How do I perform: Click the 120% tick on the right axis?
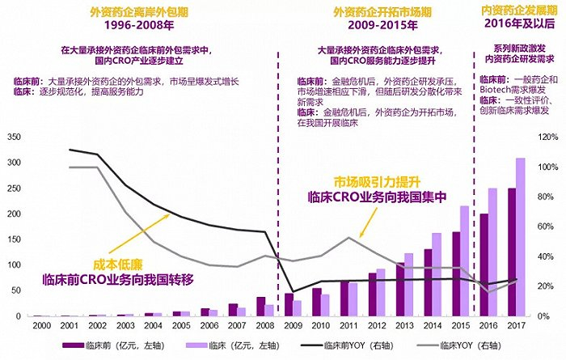pos(547,137)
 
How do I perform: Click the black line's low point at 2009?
pos(293,291)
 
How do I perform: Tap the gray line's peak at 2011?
pos(348,238)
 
